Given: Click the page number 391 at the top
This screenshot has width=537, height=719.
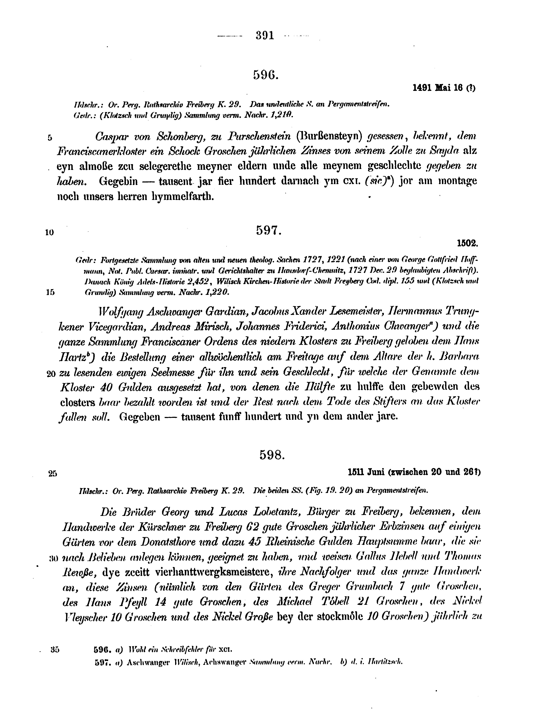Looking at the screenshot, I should coord(265,35).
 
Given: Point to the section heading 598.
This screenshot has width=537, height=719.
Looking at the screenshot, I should coord(272,455).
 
